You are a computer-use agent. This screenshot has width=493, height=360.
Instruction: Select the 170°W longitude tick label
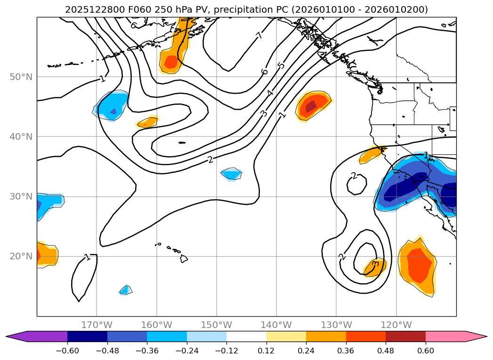coord(97,325)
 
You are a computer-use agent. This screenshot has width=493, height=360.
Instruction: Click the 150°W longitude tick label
coord(217,325)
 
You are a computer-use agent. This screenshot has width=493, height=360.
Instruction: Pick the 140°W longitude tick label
coord(276,325)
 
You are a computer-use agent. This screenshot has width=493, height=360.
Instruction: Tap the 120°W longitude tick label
coord(396,325)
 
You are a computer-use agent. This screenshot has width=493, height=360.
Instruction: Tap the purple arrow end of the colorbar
coord(16,336)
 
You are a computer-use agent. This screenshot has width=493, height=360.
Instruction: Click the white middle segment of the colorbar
coord(246,336)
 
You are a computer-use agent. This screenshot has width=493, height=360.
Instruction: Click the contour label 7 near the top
coord(259,35)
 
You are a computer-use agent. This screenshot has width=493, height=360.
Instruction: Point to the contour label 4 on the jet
coord(270,93)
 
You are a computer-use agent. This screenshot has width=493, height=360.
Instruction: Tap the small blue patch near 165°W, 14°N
coord(125,290)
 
